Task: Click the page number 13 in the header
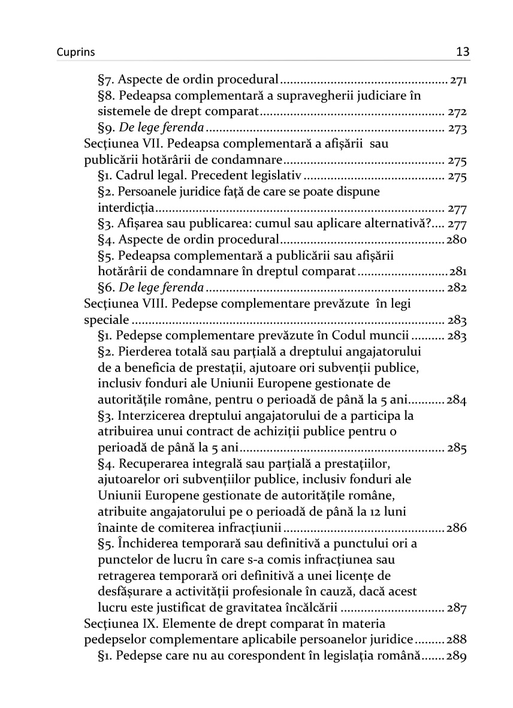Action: pyautogui.click(x=462, y=52)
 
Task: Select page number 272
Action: pyautogui.click(x=457, y=112)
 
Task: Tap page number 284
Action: pyautogui.click(x=456, y=400)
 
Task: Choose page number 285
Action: pyautogui.click(x=457, y=448)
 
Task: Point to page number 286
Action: pyautogui.click(x=456, y=529)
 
